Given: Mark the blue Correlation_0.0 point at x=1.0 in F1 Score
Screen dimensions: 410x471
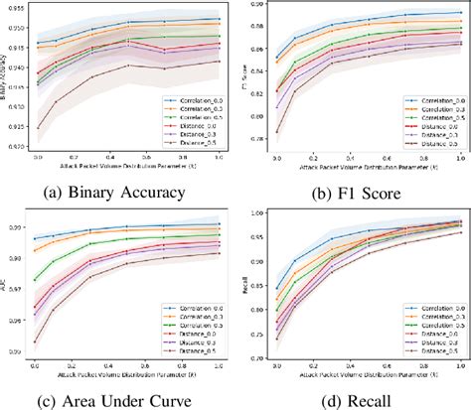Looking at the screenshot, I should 459,13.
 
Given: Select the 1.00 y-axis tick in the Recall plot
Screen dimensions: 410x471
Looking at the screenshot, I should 260,213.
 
